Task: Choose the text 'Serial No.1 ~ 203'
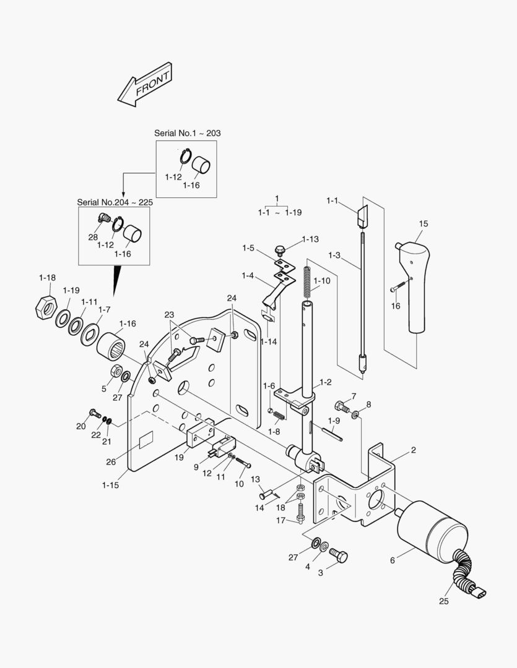pyautogui.click(x=187, y=133)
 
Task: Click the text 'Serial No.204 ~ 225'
pyautogui.click(x=115, y=202)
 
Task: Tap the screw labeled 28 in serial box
pyautogui.click(x=103, y=218)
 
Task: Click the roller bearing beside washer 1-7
pyautogui.click(x=111, y=345)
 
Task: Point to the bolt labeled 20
pyautogui.click(x=94, y=413)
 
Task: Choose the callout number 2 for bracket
pyautogui.click(x=413, y=450)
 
